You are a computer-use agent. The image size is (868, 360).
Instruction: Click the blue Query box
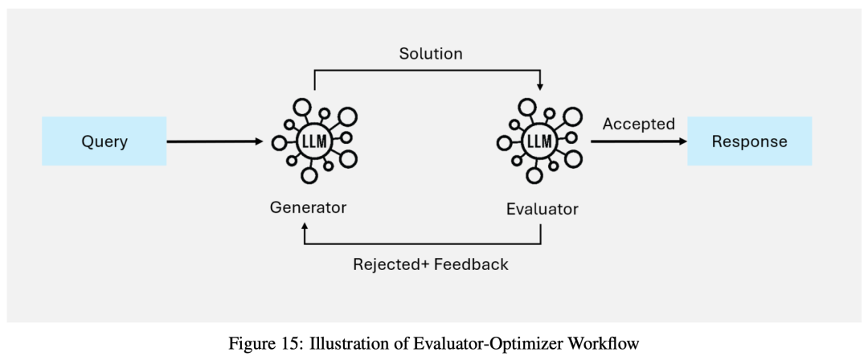pyautogui.click(x=104, y=141)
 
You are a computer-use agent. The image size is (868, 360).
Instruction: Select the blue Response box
pyautogui.click(x=749, y=141)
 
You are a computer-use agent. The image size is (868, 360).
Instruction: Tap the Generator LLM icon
pyautogui.click(x=314, y=141)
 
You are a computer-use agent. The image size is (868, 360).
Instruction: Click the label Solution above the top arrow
pyautogui.click(x=431, y=54)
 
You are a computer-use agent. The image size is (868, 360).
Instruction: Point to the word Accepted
pyautogui.click(x=638, y=124)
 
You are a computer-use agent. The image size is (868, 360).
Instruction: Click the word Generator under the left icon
pyautogui.click(x=308, y=207)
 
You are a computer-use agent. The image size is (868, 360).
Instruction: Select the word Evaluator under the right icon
pyautogui.click(x=542, y=209)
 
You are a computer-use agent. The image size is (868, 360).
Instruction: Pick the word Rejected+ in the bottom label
pyautogui.click(x=391, y=264)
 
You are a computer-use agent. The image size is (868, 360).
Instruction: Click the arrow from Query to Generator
pyautogui.click(x=215, y=141)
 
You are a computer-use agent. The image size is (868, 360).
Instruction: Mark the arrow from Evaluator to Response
pyautogui.click(x=639, y=141)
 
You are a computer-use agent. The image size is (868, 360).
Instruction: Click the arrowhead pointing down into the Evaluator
pyautogui.click(x=540, y=86)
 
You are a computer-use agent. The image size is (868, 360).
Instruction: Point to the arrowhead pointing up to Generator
pyautogui.click(x=305, y=228)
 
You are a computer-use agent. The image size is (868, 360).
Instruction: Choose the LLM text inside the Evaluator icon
pyautogui.click(x=536, y=142)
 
